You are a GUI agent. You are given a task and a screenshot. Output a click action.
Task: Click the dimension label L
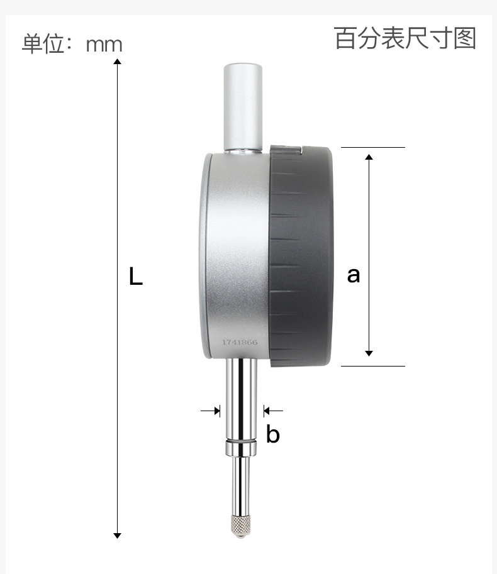tap(135, 276)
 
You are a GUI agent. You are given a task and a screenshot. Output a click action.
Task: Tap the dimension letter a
tap(354, 275)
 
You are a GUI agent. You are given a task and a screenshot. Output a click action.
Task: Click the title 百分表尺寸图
tap(405, 38)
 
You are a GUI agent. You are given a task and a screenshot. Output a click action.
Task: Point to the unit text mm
tap(104, 45)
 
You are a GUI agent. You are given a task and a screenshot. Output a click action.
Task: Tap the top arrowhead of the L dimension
tap(117, 61)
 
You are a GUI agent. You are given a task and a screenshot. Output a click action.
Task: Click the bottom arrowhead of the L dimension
tap(117, 536)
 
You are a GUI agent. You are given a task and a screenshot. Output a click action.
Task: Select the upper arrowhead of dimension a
tap(369, 157)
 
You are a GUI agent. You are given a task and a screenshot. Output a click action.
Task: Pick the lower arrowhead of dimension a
tap(369, 353)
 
